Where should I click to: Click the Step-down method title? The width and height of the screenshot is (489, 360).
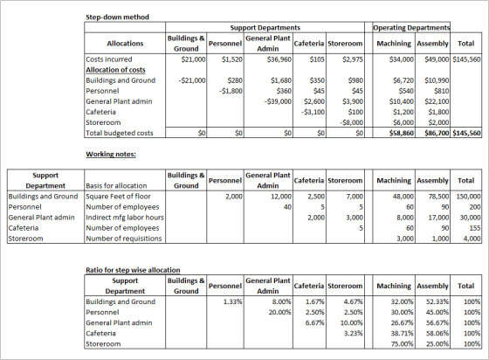pos(117,17)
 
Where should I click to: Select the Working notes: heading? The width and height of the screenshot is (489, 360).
pos(111,154)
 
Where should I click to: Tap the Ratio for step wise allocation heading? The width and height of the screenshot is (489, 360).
pos(133,270)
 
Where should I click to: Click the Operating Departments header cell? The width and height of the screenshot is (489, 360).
pos(411,28)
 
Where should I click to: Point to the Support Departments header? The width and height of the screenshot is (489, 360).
pos(265,28)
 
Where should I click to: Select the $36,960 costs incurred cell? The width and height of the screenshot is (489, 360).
pos(279,59)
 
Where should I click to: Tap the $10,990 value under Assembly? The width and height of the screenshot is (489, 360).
pos(437,80)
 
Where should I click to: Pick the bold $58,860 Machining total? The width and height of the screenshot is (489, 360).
pos(402,133)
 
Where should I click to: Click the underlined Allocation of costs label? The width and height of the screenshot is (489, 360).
pos(115,70)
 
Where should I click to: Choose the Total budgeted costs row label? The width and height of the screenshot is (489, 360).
pos(120,133)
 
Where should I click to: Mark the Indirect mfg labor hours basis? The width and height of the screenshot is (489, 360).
pos(125,218)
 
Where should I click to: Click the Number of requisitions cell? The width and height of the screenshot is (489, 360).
pos(124,239)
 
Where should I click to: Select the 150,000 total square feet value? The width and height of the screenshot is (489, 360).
pos(468,197)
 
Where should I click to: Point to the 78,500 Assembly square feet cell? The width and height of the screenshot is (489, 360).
pos(438,197)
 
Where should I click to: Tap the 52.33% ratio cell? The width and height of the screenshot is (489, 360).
pos(437,301)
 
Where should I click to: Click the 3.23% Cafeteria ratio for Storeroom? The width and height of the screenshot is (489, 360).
pos(354,333)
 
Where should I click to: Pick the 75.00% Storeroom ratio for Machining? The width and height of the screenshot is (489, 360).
pos(403,343)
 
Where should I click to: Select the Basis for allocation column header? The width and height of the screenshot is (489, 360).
pos(116,185)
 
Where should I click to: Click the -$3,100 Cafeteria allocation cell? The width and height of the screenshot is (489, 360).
pos(313,112)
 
